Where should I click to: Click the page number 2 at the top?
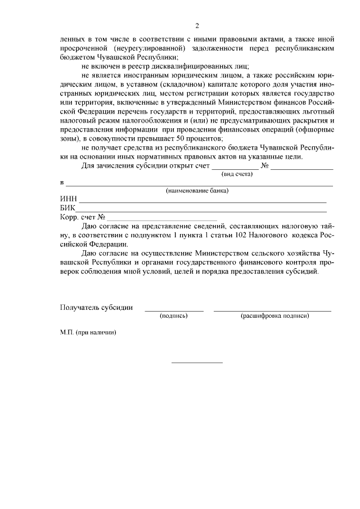(197, 25)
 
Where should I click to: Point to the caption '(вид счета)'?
(236, 174)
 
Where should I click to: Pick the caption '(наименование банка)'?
(196, 191)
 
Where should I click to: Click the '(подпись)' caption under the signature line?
(174, 316)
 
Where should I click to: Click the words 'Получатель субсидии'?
(96, 307)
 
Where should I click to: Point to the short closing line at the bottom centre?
(196, 362)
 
